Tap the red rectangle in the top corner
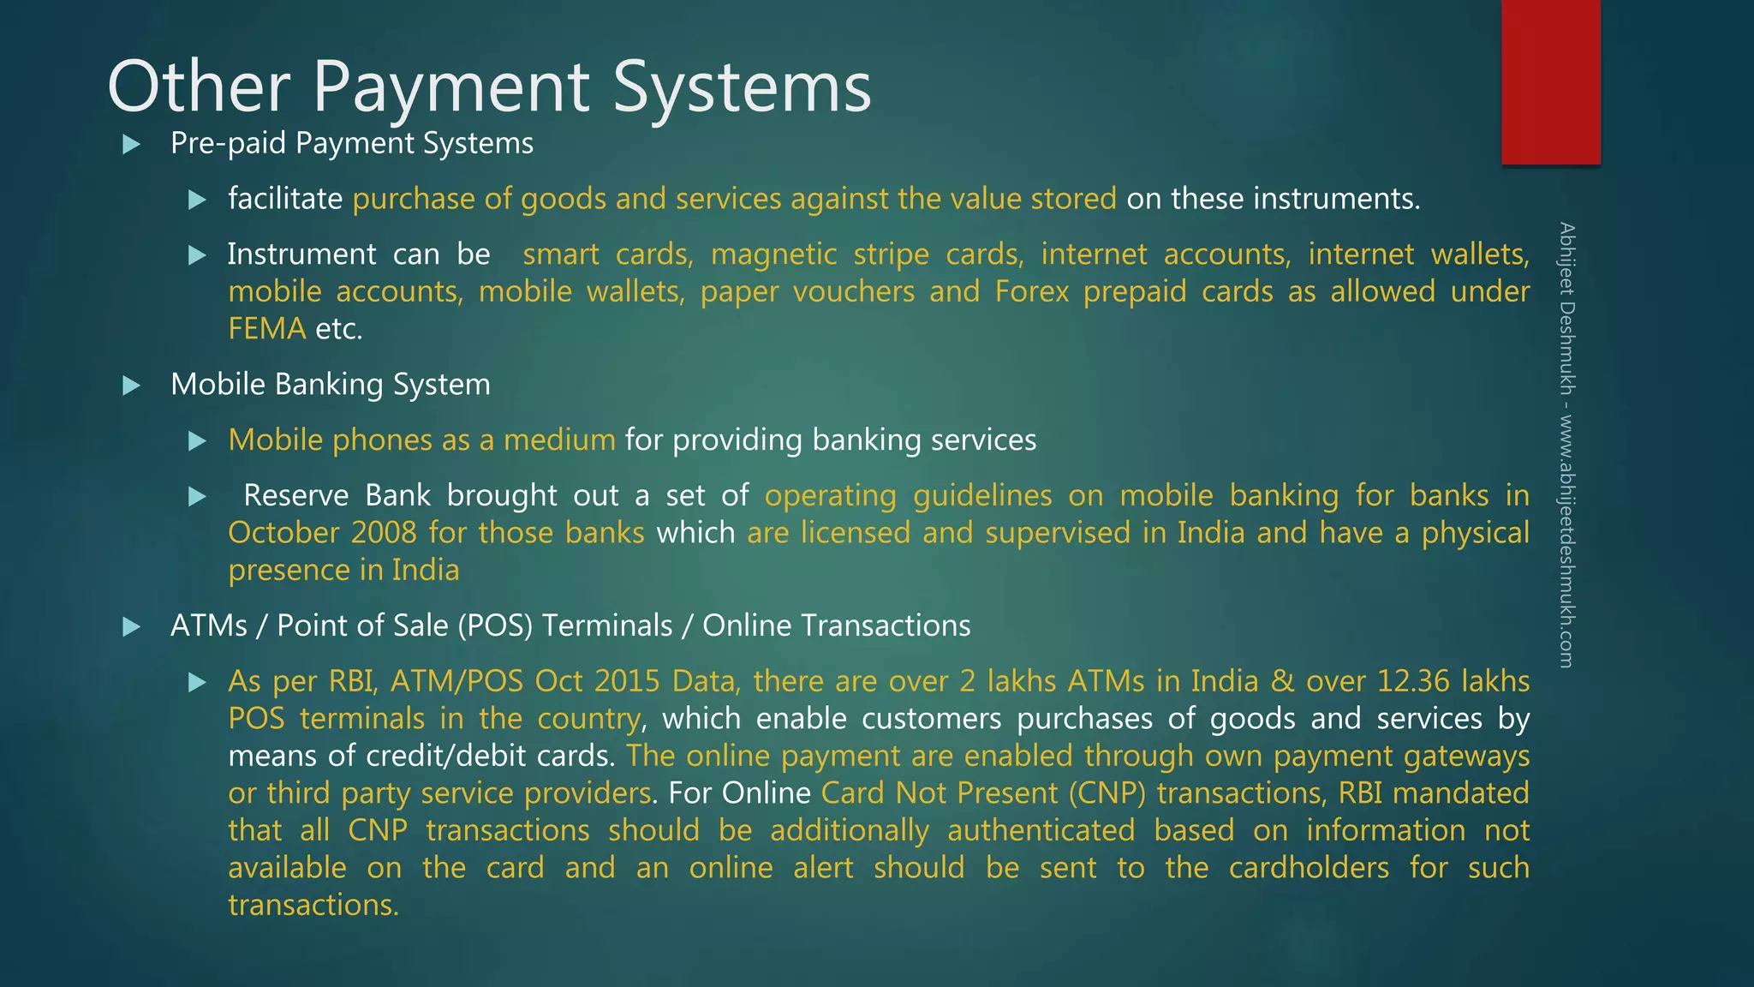click(1550, 81)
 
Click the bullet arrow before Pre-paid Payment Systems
click(132, 144)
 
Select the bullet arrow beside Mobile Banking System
click(132, 386)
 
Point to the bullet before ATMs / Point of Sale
click(132, 627)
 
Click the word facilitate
click(285, 199)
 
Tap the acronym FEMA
click(266, 329)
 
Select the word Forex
click(1031, 292)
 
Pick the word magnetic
click(773, 254)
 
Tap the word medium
click(559, 440)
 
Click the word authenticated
click(1041, 831)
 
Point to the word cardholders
click(1309, 868)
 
